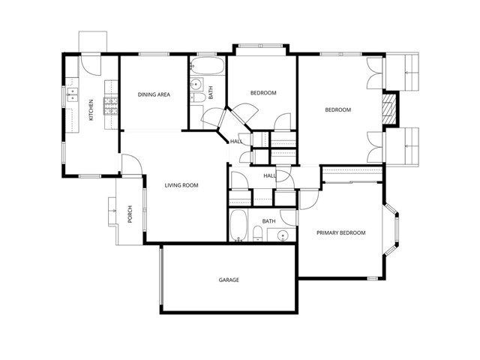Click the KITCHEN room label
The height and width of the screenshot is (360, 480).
point(91,109)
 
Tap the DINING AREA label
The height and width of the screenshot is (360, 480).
point(153,94)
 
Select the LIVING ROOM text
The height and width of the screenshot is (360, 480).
point(181,184)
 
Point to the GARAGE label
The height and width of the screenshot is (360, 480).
point(229,280)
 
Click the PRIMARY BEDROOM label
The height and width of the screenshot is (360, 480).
point(340,233)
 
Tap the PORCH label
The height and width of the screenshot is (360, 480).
point(130,214)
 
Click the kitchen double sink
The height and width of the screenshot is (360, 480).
point(73,94)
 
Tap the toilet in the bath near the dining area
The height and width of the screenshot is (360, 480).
point(196,99)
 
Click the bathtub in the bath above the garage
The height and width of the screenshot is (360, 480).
point(238,225)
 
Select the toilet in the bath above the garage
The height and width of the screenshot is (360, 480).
point(257,233)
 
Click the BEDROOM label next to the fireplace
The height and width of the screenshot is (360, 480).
point(337,110)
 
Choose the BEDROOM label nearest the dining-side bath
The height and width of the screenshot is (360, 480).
point(263,93)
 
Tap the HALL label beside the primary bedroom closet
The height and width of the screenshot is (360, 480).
point(269,175)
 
